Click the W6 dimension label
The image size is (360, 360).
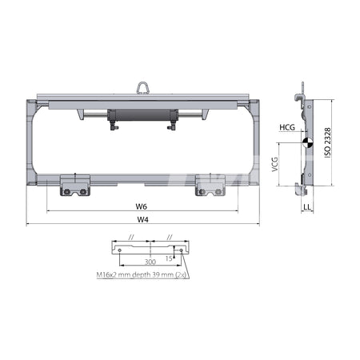pos(141,206)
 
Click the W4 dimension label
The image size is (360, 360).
pos(142,218)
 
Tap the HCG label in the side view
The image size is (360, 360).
pos(287,127)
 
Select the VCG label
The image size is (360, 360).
pos(276,165)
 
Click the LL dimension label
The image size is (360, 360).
pos(307,207)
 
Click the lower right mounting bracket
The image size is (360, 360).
pos(209,186)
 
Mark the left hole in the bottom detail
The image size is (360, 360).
pos(121,250)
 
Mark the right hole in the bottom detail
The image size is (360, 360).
pos(182,250)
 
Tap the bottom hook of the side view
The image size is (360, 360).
pos(301,189)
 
